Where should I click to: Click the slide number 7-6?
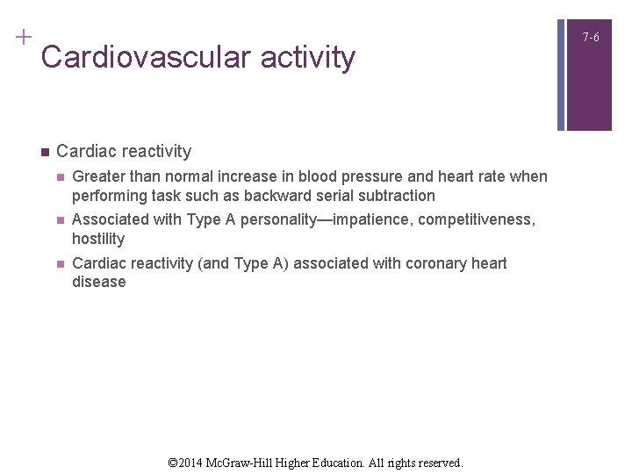[591, 38]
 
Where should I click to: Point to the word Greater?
[100, 176]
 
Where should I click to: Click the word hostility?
[98, 239]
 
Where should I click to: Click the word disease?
[99, 282]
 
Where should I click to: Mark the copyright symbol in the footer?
[173, 462]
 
